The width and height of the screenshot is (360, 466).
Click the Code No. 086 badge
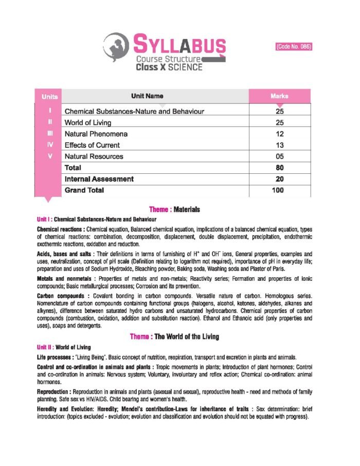(294, 46)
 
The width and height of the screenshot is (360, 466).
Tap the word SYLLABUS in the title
(179, 45)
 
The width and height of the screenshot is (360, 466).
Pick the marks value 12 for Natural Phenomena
(280, 134)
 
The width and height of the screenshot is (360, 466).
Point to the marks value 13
(280, 145)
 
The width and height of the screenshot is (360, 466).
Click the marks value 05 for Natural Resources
(280, 156)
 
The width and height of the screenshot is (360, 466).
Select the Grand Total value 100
(280, 190)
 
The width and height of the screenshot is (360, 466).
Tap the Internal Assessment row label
(99, 179)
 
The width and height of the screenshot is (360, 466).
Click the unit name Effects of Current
(92, 145)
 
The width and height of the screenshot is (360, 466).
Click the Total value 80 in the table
(280, 168)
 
